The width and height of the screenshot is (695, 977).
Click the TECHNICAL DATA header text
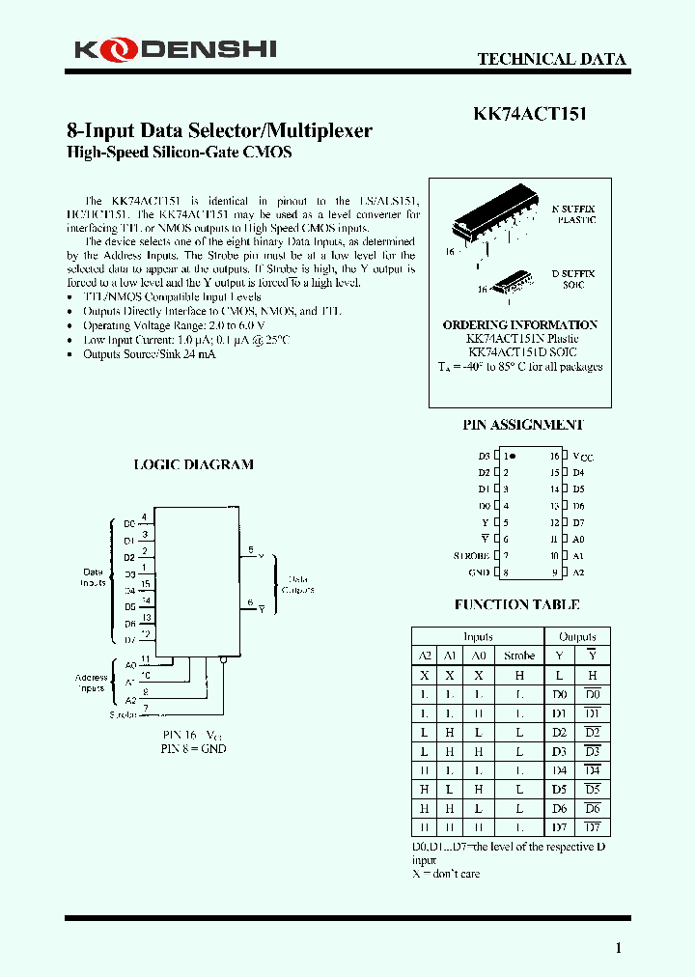click(x=551, y=59)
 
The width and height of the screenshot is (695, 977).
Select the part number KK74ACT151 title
click(x=530, y=113)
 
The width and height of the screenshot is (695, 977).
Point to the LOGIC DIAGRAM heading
click(x=193, y=464)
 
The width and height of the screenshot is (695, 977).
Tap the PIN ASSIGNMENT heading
click(x=522, y=425)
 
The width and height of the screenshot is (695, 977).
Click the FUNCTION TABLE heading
click(x=516, y=605)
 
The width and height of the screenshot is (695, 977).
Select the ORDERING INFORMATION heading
click(x=519, y=325)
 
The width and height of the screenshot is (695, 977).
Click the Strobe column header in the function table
click(x=518, y=656)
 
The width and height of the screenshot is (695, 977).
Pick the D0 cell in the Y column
click(x=559, y=694)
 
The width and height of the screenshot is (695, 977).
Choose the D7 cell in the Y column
click(x=559, y=827)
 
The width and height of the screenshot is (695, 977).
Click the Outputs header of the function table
click(x=577, y=637)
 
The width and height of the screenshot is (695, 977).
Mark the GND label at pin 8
click(x=480, y=572)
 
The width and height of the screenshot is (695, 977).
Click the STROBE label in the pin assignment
click(x=472, y=556)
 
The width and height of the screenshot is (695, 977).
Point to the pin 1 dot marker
click(x=513, y=455)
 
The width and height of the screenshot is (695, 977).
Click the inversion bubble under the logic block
click(x=223, y=661)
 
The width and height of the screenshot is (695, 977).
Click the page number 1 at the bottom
click(x=619, y=947)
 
